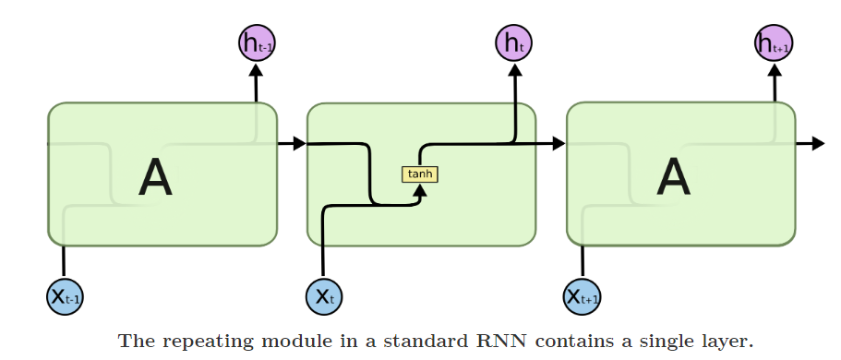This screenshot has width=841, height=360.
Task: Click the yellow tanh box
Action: (420, 174)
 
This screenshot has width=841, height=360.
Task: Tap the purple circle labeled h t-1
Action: (256, 42)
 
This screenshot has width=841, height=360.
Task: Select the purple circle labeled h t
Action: (514, 42)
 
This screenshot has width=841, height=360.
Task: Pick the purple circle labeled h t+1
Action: (774, 42)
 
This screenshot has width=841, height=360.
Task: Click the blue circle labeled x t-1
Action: (65, 296)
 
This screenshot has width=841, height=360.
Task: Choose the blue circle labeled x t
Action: (324, 296)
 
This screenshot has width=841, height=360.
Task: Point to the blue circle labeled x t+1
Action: (583, 296)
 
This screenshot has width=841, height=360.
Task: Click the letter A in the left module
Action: (155, 177)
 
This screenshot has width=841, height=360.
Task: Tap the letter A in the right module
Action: (673, 177)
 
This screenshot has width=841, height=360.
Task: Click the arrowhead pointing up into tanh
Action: (420, 190)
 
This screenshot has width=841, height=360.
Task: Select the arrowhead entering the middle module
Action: (298, 143)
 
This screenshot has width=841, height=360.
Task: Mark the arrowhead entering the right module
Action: (558, 143)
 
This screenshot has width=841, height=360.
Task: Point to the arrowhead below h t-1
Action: (256, 69)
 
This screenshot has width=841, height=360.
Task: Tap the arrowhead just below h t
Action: (514, 69)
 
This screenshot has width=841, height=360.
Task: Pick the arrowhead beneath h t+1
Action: (774, 69)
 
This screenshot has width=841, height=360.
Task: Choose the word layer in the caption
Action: (727, 342)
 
